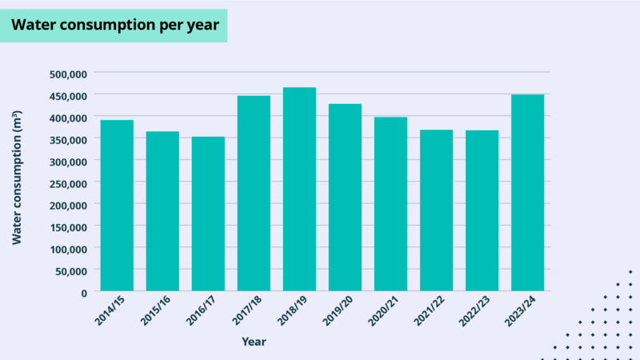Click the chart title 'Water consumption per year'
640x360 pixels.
click(114, 25)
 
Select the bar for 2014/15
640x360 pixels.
click(117, 206)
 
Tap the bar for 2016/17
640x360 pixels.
click(208, 214)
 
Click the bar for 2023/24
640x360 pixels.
click(527, 193)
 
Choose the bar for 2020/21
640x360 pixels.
click(390, 204)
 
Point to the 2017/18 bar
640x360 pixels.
click(254, 193)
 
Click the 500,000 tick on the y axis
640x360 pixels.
click(67, 74)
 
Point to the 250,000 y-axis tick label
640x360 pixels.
click(67, 183)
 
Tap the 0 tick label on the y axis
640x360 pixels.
click(83, 293)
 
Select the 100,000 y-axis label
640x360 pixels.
click(67, 249)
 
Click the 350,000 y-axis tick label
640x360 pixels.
click(67, 139)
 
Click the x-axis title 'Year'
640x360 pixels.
click(254, 342)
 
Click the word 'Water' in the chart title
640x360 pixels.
click(32, 25)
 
